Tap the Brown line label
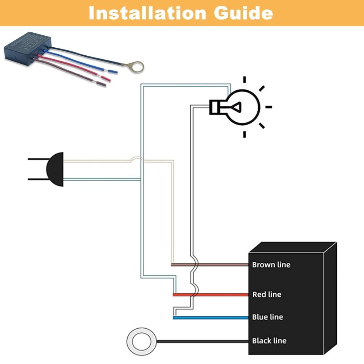click(271, 265)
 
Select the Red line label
click(267, 294)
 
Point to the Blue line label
click(268, 317)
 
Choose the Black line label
click(269, 341)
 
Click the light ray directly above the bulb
click(245, 79)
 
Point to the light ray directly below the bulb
click(245, 134)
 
